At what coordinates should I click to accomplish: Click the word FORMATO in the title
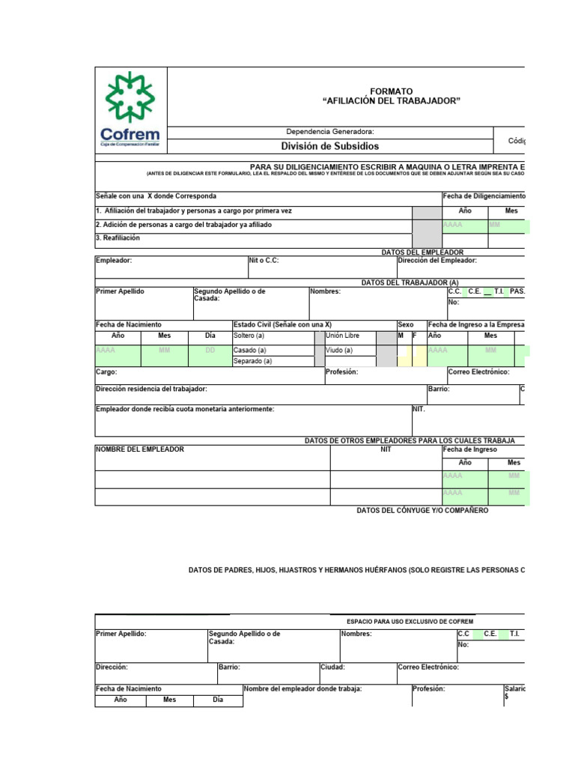[x=391, y=91]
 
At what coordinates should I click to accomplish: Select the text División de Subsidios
[x=329, y=146]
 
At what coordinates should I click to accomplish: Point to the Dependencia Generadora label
[x=330, y=131]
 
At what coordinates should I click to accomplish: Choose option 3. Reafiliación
[x=118, y=238]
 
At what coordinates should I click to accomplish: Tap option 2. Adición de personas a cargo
[x=183, y=225]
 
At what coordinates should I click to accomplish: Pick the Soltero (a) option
[x=250, y=336]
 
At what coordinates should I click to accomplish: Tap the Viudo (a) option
[x=339, y=350]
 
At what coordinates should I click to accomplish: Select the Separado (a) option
[x=252, y=361]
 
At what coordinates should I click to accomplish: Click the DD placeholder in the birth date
[x=210, y=350]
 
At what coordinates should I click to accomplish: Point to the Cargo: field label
[x=106, y=372]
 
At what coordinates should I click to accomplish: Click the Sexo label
[x=405, y=324]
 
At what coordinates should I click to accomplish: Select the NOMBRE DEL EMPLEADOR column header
[x=140, y=449]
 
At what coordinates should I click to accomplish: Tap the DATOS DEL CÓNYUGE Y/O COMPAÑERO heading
[x=422, y=510]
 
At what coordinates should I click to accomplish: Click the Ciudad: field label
[x=332, y=667]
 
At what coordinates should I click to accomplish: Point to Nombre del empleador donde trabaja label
[x=302, y=688]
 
